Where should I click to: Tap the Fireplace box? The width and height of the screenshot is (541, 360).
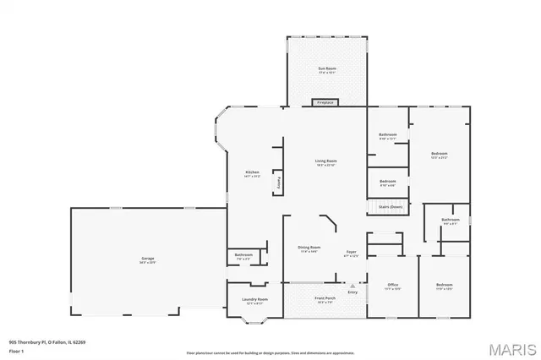click(x=325, y=102)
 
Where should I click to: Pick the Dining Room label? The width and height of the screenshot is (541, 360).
click(x=309, y=248)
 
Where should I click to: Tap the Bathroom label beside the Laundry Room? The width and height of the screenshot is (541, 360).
click(x=243, y=255)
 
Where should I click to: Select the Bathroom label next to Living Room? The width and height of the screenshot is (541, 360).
click(x=388, y=135)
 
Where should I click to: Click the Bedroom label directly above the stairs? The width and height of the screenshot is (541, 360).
click(x=388, y=182)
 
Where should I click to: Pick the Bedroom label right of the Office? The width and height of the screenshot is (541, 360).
click(x=445, y=286)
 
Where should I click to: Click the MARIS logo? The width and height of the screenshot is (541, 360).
click(x=507, y=346)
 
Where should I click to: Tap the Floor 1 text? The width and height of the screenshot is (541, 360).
click(x=17, y=349)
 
